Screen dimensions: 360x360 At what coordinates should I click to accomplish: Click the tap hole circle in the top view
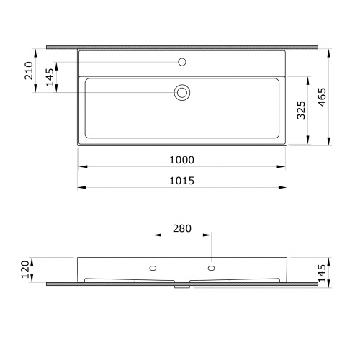click(x=182, y=62)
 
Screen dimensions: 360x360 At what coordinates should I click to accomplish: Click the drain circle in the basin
click(x=182, y=92)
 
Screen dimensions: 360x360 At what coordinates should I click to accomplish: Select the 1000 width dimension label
click(x=181, y=160)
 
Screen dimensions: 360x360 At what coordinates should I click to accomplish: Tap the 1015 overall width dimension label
click(x=181, y=181)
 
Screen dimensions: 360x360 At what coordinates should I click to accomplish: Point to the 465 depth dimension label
click(x=323, y=97)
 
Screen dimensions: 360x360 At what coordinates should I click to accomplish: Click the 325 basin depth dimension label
click(x=301, y=110)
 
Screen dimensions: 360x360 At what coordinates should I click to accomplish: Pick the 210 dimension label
click(x=29, y=71)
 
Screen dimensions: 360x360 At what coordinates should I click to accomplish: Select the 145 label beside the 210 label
click(x=50, y=77)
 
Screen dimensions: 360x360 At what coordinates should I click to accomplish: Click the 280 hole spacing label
click(x=182, y=228)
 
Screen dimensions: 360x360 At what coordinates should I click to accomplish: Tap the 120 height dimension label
click(x=25, y=269)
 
